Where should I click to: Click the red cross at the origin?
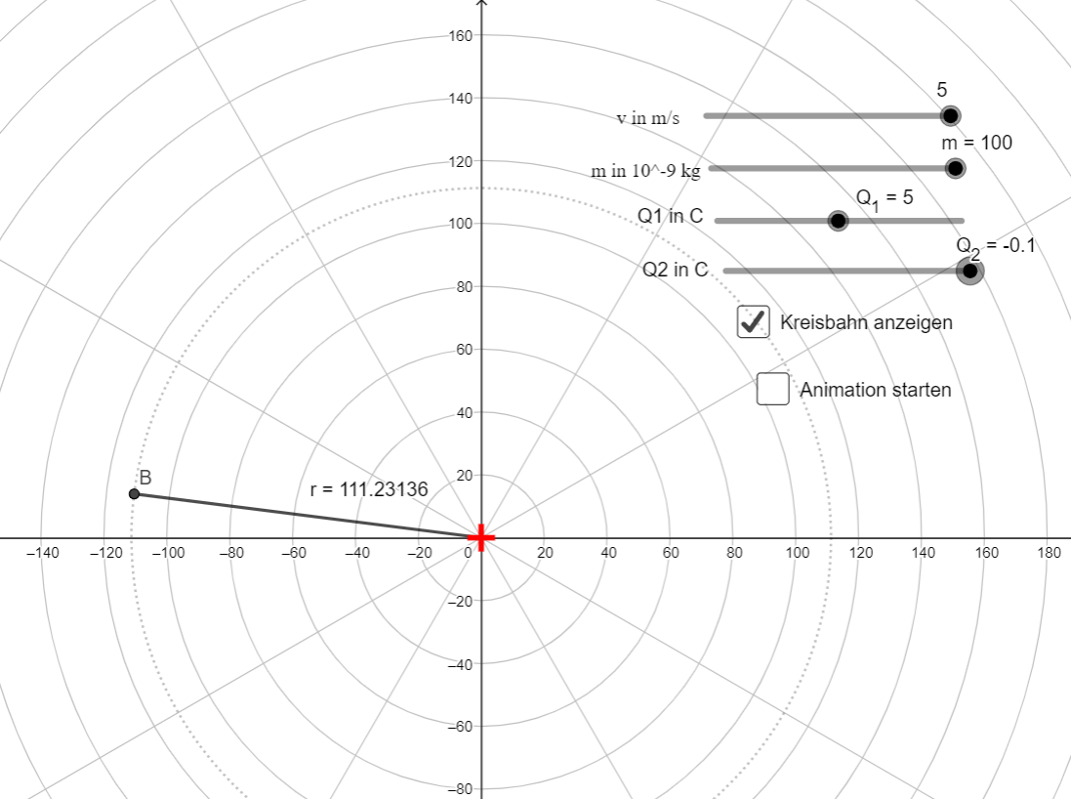481,538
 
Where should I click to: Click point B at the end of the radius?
134,493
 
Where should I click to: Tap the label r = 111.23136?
369,489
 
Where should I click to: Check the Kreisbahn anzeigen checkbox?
754,321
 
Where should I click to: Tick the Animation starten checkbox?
772,388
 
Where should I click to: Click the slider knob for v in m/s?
949,115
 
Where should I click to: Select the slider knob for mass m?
955,168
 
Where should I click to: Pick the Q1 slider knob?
838,220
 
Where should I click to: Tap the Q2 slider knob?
969,271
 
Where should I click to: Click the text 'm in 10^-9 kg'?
645,170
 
